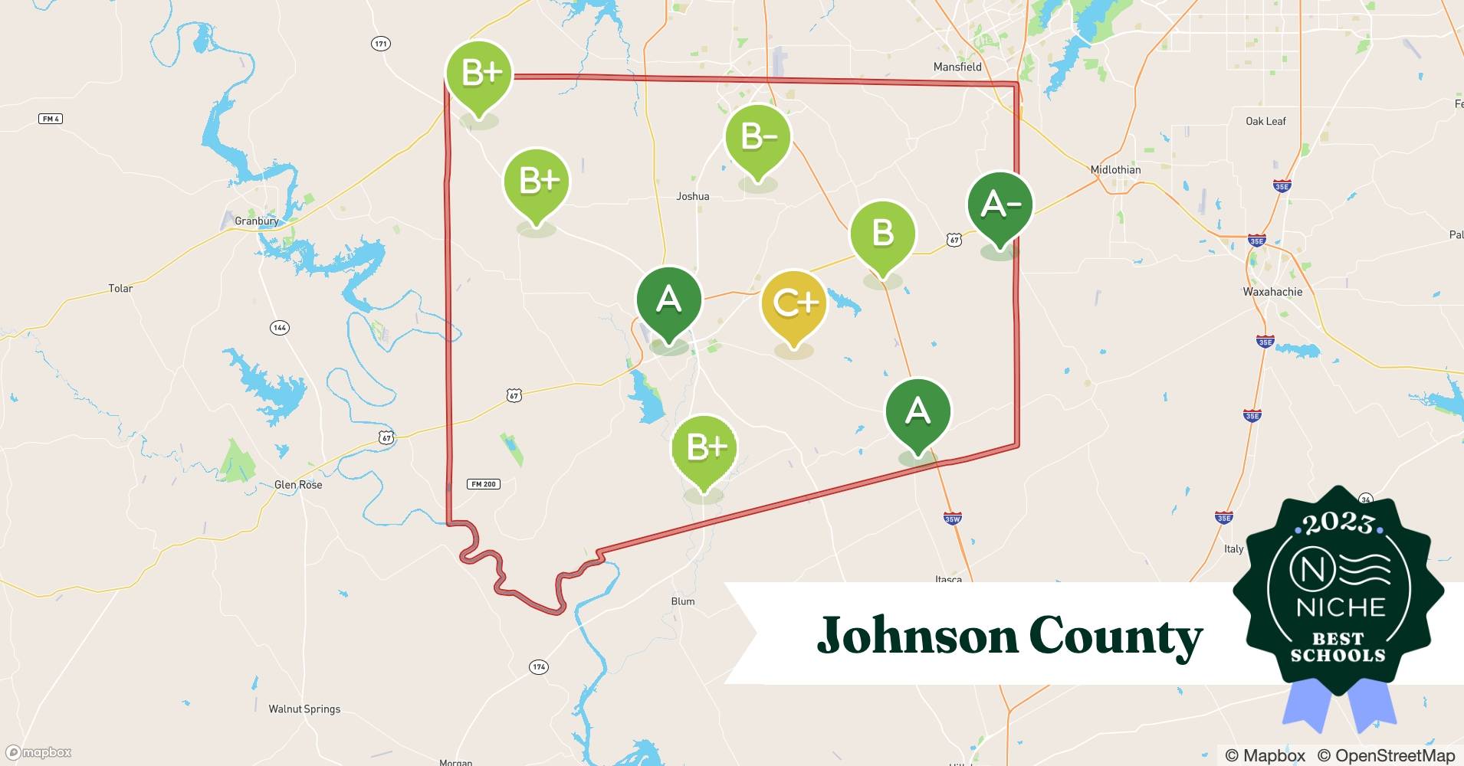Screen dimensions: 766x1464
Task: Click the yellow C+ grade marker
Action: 794,304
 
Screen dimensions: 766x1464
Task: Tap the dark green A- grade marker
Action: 1000,205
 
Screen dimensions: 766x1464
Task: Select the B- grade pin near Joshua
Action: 758,138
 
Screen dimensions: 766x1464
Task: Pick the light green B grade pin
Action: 882,234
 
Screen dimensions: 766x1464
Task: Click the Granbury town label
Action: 257,221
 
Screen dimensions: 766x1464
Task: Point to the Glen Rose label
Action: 298,485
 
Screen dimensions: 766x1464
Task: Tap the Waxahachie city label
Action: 1272,292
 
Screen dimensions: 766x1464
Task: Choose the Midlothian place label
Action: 1115,170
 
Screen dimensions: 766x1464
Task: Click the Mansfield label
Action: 957,67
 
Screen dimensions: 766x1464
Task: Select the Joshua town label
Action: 693,197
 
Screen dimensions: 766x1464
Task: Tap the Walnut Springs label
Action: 304,709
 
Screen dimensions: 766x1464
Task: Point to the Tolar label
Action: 120,289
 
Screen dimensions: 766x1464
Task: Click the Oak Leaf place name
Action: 1265,121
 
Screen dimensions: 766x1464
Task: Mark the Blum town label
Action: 683,601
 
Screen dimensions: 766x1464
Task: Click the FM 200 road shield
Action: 484,484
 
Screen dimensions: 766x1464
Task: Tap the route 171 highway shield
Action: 381,44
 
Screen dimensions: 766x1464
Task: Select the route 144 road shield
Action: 280,328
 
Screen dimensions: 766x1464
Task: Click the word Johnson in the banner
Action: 915,636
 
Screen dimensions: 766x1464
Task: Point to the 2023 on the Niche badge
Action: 1338,523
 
